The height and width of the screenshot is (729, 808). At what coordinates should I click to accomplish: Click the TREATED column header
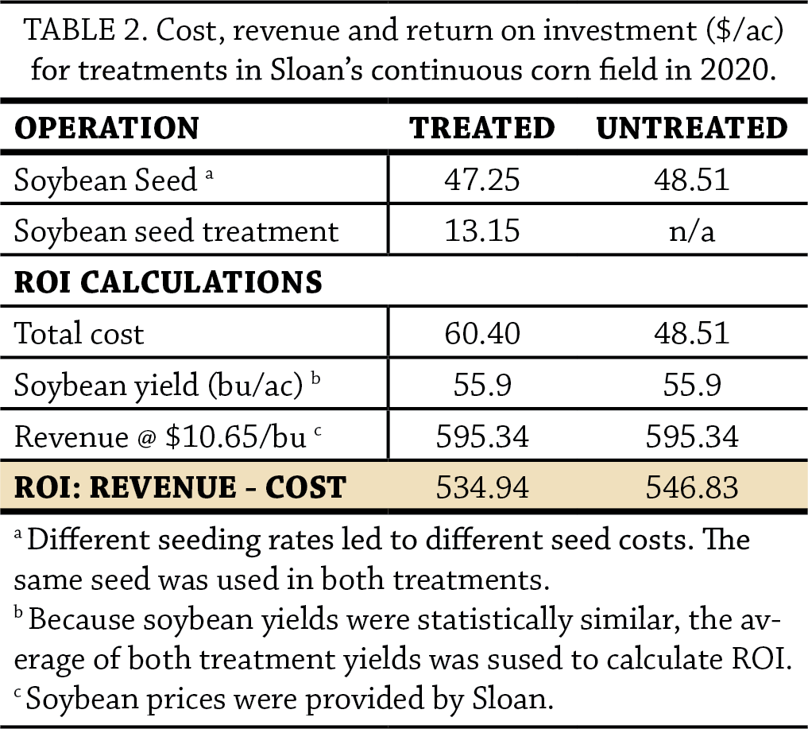[481, 128]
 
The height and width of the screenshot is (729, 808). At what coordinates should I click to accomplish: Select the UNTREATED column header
[692, 128]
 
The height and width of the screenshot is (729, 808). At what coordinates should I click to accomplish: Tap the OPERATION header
[106, 128]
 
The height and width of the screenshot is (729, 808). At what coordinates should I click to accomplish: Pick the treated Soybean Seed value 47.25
[481, 180]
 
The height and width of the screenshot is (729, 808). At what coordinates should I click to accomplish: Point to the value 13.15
[481, 231]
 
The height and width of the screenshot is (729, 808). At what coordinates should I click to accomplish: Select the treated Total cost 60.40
[481, 333]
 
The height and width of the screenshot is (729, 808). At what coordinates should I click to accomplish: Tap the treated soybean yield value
[481, 385]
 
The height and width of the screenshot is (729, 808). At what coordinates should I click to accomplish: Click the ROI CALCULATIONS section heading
[168, 282]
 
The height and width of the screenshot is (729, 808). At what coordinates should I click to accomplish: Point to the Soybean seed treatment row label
[176, 231]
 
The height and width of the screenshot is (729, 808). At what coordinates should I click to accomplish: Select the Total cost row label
[79, 334]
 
